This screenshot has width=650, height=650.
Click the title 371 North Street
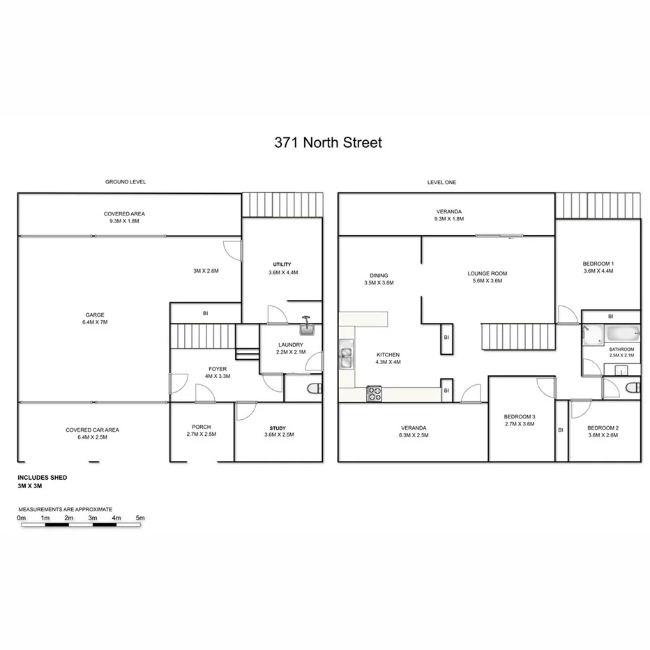pyautogui.click(x=327, y=143)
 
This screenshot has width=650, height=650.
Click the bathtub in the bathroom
pyautogui.click(x=621, y=335)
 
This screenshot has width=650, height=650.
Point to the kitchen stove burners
pyautogui.click(x=374, y=394)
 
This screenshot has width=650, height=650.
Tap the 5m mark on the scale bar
pyautogui.click(x=140, y=518)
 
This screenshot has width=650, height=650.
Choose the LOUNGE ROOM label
pyautogui.click(x=487, y=274)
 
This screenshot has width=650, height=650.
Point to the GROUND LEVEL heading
pyautogui.click(x=126, y=182)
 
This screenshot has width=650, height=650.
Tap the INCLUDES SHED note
pyautogui.click(x=43, y=478)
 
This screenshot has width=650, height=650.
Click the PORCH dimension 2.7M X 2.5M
pyautogui.click(x=202, y=435)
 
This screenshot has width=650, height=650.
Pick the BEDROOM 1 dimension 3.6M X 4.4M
pyautogui.click(x=598, y=271)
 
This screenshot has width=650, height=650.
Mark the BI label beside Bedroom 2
pyautogui.click(x=561, y=430)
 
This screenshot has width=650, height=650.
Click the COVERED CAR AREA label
pyautogui.click(x=92, y=430)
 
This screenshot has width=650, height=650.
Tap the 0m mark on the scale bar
pyautogui.click(x=22, y=518)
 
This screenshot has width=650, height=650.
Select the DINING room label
pyautogui.click(x=379, y=275)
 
